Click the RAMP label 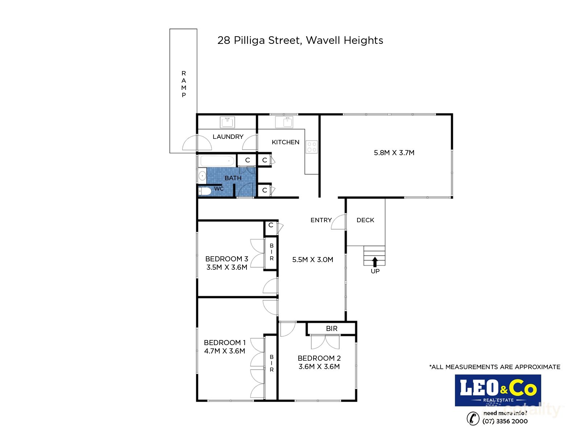(x=184, y=84)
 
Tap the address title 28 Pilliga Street (x=300, y=40)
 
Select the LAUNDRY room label (x=228, y=137)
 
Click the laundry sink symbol (x=228, y=122)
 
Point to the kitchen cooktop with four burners (x=312, y=147)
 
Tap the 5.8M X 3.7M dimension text (x=394, y=153)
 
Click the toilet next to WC (x=205, y=191)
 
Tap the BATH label (x=233, y=178)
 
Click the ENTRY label (x=321, y=220)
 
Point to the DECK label (x=365, y=220)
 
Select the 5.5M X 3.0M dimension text (x=312, y=260)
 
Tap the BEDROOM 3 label (x=227, y=259)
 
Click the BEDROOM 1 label (x=225, y=343)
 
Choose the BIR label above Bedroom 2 (x=331, y=328)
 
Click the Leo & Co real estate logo (x=498, y=390)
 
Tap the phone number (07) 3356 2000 (x=505, y=421)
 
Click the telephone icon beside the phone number (x=473, y=418)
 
